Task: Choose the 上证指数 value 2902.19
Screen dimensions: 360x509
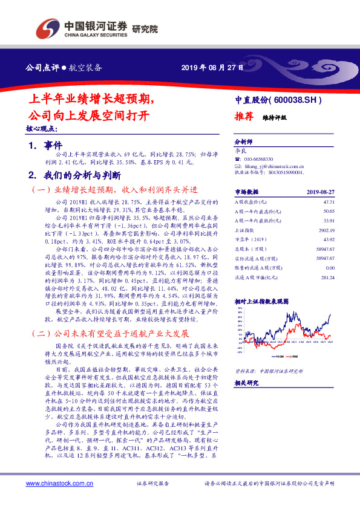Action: [327, 230]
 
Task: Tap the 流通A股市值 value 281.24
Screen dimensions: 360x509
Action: [327, 277]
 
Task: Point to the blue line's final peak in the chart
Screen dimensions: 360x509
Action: [330, 314]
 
